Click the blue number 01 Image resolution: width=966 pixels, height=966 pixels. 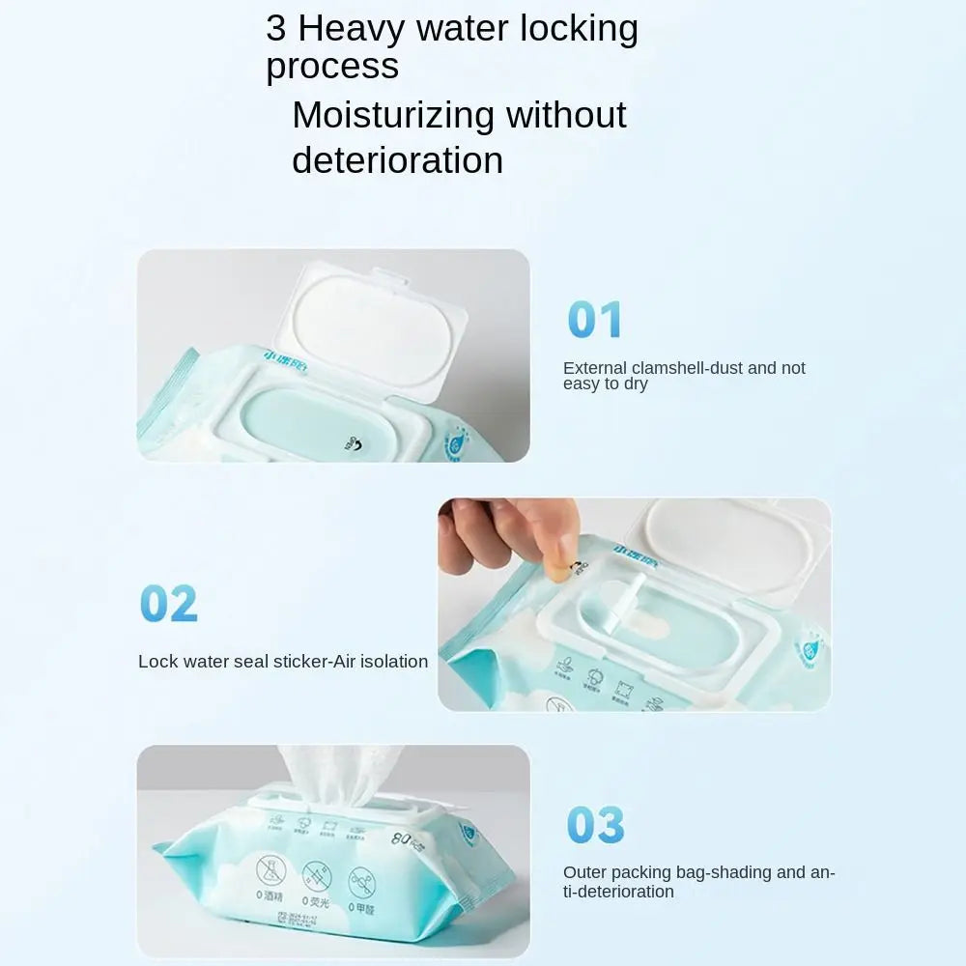pos(595,320)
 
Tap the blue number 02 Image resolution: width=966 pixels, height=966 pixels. pos(169,604)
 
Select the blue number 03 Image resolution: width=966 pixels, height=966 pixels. pos(595,826)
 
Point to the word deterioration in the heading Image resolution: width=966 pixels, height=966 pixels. pos(397,160)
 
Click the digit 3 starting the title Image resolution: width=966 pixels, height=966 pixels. pos(276,29)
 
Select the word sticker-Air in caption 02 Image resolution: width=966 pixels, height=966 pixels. pos(316,662)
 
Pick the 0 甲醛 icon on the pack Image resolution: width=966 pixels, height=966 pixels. pos(362,882)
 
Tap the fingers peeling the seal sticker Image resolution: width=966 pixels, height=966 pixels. pos(502,536)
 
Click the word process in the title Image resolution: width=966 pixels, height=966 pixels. pos(332,67)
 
